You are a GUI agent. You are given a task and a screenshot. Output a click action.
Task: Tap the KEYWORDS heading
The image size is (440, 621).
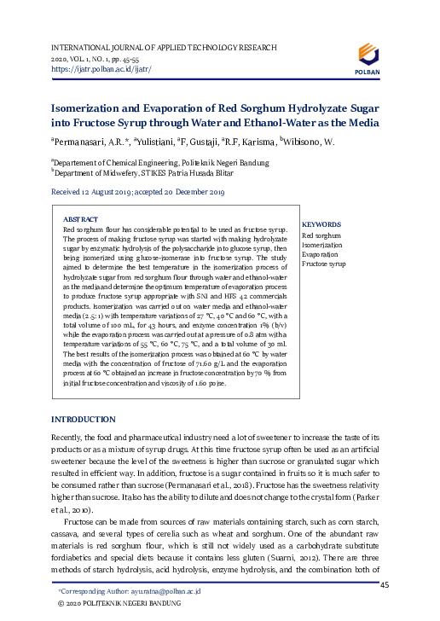[x=321, y=224]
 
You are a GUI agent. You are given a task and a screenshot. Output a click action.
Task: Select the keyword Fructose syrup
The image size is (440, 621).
[x=324, y=265]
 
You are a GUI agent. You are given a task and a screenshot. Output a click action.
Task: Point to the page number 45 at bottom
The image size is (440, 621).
[x=384, y=584]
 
